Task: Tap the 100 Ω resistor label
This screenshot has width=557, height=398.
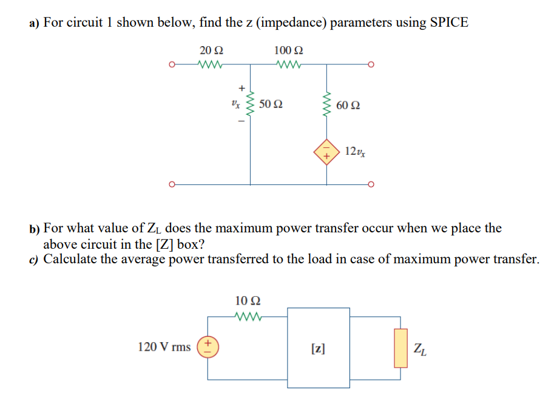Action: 289,49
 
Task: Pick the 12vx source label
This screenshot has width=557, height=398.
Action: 355,150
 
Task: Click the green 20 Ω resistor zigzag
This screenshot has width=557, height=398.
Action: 211,62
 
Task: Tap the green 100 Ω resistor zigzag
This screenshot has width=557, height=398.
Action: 288,62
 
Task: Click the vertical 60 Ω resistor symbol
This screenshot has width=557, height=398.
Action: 328,105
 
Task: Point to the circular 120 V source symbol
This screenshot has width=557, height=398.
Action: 208,346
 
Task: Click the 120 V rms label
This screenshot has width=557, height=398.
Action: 164,347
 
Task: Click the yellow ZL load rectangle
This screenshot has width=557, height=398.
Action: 400,348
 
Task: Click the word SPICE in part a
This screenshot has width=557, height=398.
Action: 449,23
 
